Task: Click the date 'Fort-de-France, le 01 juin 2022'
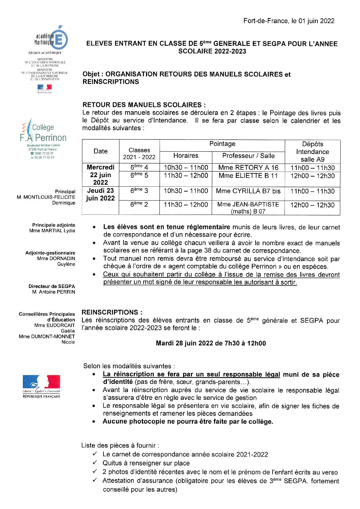tap(289, 21)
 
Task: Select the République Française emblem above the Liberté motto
tap(41, 382)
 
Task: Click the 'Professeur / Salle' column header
tap(248, 156)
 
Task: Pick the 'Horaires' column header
tap(186, 156)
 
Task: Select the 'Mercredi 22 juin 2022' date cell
tap(100, 175)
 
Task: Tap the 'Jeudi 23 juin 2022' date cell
tap(100, 194)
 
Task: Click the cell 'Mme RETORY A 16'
tap(248, 168)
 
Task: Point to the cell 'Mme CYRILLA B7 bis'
tap(248, 191)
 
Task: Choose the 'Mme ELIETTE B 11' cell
tap(248, 176)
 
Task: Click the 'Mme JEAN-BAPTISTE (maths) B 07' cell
tap(248, 208)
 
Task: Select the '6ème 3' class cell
tap(139, 191)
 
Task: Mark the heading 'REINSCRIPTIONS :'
tap(112, 312)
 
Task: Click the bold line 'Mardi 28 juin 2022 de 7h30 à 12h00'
tap(211, 343)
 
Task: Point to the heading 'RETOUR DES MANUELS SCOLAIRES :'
tap(144, 105)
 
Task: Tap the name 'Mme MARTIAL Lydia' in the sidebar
tap(52, 231)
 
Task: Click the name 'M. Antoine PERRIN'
tap(54, 292)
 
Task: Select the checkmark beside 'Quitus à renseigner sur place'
tap(95, 463)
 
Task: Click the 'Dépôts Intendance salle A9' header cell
tap(312, 152)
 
